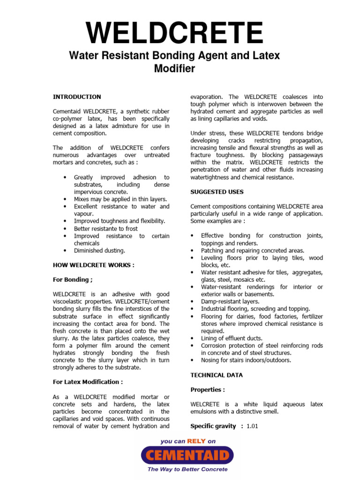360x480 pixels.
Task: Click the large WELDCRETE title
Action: point(174,33)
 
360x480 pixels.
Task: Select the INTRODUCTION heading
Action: point(76,97)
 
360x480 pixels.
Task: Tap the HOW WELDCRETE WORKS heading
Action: point(93,265)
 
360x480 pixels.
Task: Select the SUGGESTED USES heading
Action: point(217,192)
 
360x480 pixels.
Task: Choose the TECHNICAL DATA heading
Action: point(217,375)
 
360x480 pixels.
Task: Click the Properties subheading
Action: point(208,390)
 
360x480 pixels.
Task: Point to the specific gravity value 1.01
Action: point(252,426)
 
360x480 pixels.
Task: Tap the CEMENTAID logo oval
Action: point(187,455)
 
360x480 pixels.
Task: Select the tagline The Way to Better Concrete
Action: point(187,469)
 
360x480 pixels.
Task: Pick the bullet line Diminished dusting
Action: point(99,251)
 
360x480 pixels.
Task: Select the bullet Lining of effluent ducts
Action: point(232,338)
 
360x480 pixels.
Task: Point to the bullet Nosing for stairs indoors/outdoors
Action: point(246,360)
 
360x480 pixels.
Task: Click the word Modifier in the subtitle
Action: point(174,69)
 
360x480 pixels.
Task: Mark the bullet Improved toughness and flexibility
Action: point(120,221)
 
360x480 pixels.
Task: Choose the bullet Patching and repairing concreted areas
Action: point(253,251)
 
